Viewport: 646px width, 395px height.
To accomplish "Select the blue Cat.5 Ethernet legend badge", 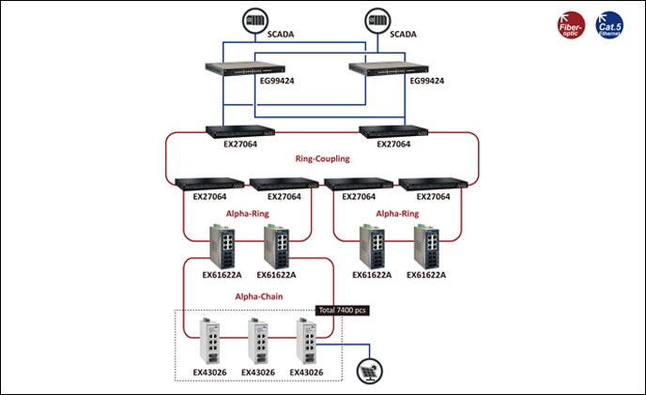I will tap(613, 23).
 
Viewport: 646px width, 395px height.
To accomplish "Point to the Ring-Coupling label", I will tap(322, 160).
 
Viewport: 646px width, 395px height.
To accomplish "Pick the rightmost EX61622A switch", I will tap(424, 247).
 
